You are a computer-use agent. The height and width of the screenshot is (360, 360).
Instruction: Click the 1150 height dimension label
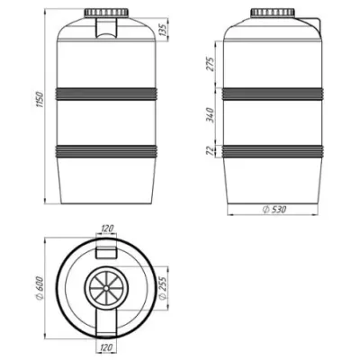(x=40, y=99)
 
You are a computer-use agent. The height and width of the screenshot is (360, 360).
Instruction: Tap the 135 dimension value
(x=162, y=30)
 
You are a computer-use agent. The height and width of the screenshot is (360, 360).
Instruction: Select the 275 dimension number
(x=211, y=64)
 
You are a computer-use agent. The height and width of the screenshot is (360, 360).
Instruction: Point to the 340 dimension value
(x=211, y=114)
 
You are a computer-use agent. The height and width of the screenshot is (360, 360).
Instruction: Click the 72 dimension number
(x=211, y=150)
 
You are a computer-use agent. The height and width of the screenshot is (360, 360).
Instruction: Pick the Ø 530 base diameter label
(x=274, y=210)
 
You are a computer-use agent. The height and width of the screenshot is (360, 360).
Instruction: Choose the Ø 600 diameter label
(x=40, y=288)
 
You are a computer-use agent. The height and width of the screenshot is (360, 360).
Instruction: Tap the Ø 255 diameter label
(x=162, y=288)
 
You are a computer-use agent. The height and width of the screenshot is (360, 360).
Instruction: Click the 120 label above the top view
(x=107, y=229)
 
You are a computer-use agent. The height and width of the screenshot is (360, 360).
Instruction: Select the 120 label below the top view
(x=105, y=348)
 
